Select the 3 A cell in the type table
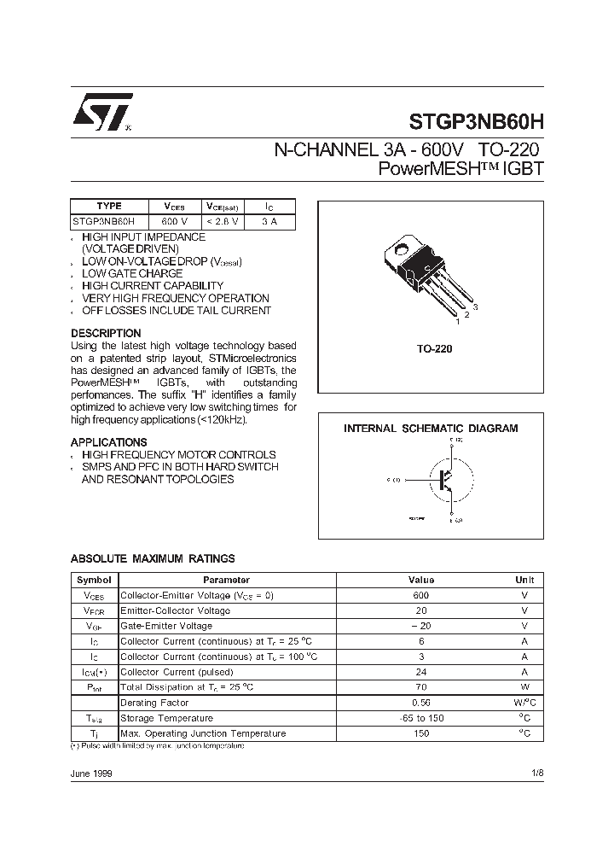[x=269, y=221]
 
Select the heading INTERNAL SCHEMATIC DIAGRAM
[x=431, y=429]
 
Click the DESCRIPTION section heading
[x=106, y=333]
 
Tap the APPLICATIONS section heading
[x=108, y=442]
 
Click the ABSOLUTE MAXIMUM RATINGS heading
[x=153, y=558]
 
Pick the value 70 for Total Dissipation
[x=421, y=687]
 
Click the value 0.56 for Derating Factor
[x=421, y=703]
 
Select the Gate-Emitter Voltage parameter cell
[x=166, y=626]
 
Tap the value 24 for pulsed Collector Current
[x=421, y=672]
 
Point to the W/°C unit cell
[x=524, y=703]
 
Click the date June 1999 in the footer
[x=90, y=773]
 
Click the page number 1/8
[x=536, y=773]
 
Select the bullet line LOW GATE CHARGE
[x=132, y=273]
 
